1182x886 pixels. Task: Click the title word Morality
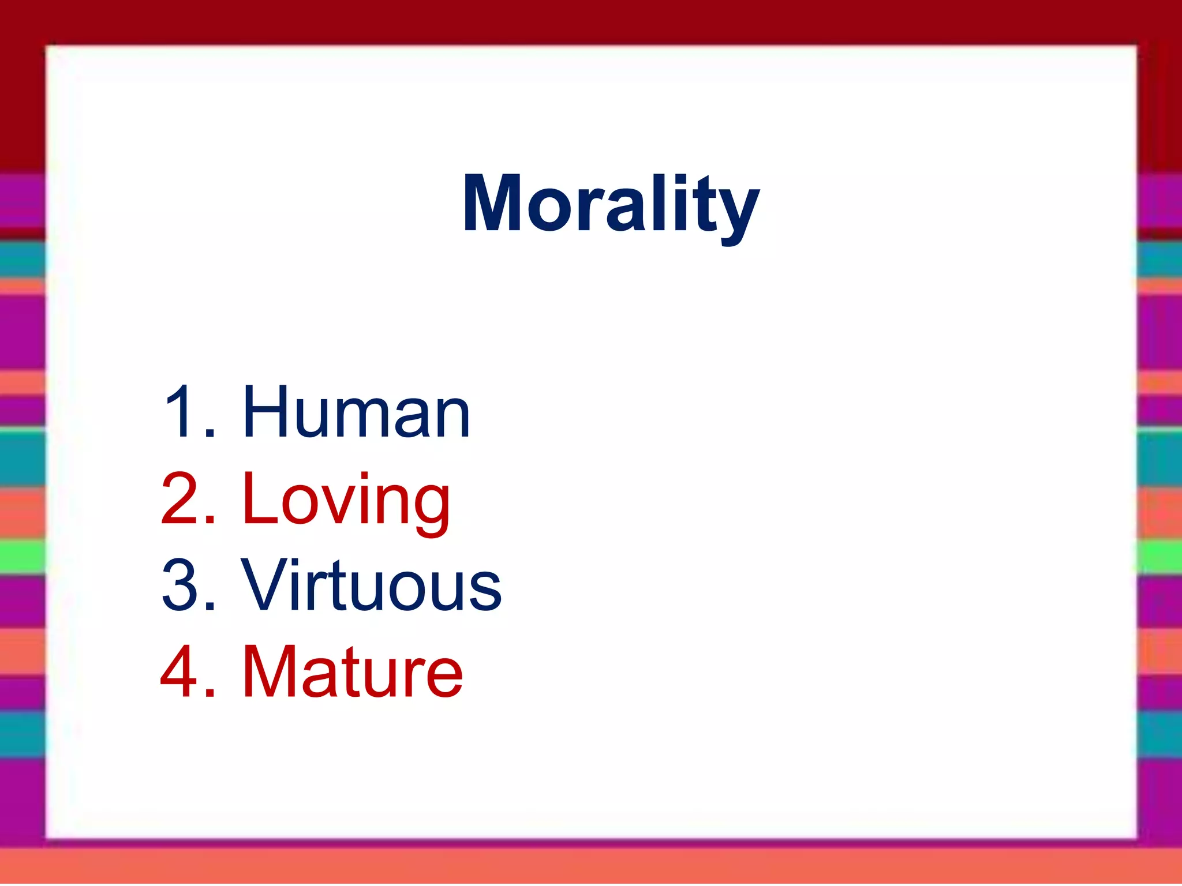click(x=611, y=205)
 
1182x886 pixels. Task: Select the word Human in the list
click(x=356, y=412)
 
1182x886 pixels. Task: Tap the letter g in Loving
click(x=430, y=508)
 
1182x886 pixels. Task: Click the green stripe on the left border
click(x=22, y=556)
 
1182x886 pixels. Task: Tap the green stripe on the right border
click(x=1159, y=557)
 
